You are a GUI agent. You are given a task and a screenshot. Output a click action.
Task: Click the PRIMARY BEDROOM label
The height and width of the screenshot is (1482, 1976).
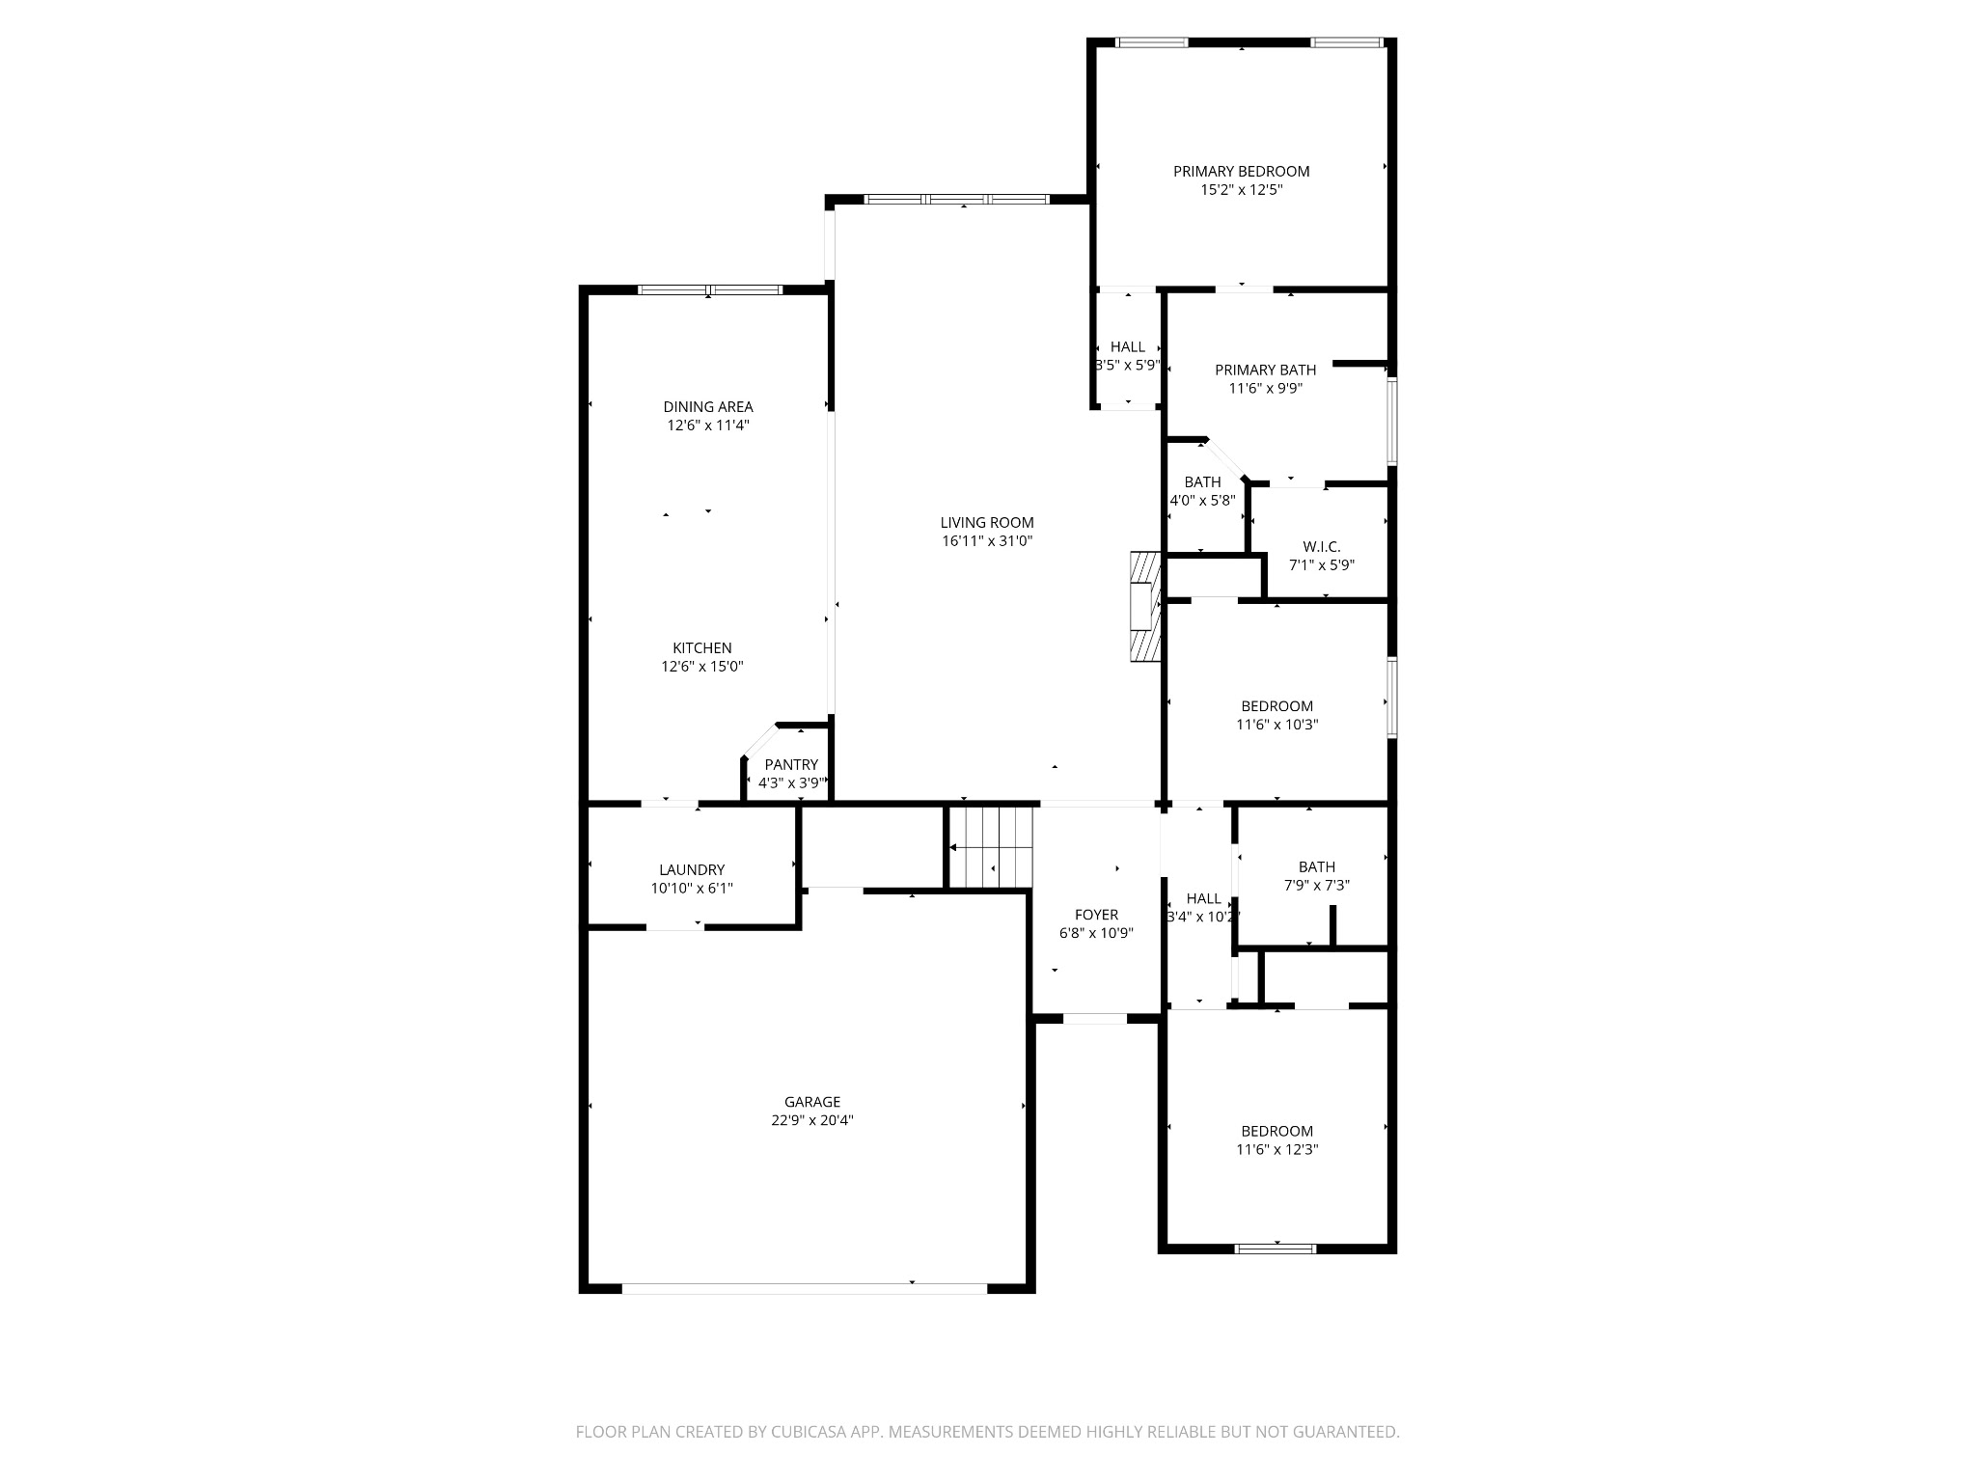(x=1241, y=172)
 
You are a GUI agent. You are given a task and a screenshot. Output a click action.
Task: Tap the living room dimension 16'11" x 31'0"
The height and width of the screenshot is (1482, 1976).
(x=987, y=541)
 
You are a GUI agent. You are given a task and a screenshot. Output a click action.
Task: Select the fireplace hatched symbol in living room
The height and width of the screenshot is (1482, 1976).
(x=1144, y=607)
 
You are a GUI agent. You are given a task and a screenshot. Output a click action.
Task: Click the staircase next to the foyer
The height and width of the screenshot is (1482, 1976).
(x=991, y=847)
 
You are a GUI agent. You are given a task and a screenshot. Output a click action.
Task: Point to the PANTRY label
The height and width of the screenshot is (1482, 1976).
(x=791, y=765)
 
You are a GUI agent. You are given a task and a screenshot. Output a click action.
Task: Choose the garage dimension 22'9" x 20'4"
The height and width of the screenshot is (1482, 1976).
(x=811, y=1120)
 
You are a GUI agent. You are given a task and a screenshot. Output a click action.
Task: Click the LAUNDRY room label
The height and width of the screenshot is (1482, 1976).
(x=692, y=870)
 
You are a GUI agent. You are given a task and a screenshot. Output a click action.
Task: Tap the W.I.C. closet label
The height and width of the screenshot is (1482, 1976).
(x=1321, y=547)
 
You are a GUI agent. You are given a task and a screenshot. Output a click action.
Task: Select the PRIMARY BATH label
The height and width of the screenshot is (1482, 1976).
(x=1265, y=370)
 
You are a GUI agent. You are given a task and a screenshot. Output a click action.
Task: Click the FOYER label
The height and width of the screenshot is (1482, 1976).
(x=1096, y=915)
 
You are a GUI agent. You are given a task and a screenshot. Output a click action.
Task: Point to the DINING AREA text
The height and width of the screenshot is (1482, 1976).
(x=707, y=407)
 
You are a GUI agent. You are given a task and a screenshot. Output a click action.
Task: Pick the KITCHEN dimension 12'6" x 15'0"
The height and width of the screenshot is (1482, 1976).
(x=701, y=667)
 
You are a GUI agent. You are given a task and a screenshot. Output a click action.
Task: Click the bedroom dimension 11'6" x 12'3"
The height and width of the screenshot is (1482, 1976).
(x=1276, y=1150)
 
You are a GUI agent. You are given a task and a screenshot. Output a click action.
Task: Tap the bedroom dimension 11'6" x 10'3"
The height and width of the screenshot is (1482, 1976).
(x=1276, y=725)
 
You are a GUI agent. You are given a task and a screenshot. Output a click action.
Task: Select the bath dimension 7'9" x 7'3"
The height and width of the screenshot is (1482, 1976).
(x=1316, y=886)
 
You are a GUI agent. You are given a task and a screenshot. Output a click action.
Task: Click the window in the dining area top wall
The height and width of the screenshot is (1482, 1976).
(x=709, y=289)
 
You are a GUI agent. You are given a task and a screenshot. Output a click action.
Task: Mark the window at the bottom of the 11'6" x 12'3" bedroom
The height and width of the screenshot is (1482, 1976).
(x=1276, y=1249)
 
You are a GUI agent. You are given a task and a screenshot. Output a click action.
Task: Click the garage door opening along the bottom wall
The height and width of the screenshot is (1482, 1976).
(x=804, y=1288)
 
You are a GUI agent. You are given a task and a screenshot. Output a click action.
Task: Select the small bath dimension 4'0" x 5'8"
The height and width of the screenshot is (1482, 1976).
(x=1202, y=501)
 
